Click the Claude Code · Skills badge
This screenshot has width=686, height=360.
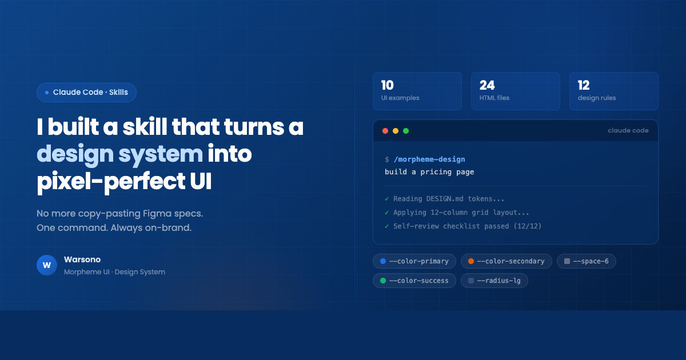86,93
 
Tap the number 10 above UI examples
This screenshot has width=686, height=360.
388,86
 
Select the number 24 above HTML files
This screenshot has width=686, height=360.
487,86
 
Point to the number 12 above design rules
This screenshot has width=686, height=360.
584,86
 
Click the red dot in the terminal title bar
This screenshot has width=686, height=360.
385,131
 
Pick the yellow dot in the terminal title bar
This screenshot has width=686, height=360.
396,131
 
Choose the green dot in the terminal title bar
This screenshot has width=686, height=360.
406,131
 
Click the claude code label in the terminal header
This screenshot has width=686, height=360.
628,131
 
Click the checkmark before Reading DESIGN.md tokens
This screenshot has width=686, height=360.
387,199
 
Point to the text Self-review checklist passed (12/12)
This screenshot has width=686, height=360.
467,226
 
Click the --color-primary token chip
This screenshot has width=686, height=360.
414,261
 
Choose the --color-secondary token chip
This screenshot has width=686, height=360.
506,261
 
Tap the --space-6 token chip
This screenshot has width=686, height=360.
586,261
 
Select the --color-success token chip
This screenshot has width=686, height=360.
414,281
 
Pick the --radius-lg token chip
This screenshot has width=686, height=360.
494,281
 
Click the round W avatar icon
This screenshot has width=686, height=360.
47,265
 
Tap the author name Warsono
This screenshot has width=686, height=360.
82,259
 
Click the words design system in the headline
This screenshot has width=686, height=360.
120,154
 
